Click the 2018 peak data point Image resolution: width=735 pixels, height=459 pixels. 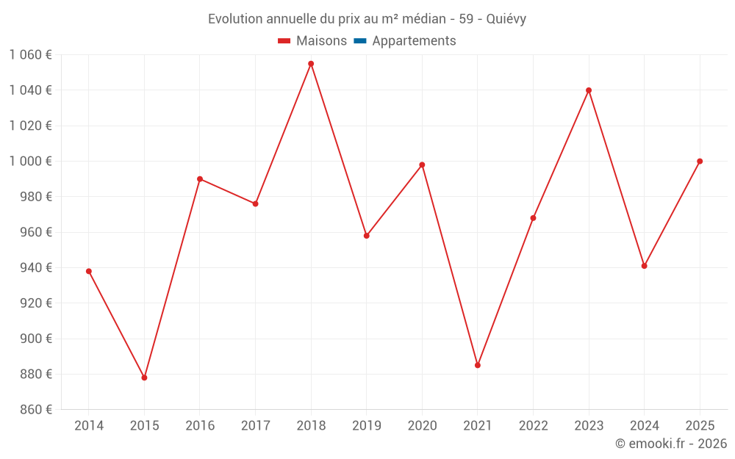[311, 64]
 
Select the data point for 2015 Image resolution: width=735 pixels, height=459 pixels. [144, 377]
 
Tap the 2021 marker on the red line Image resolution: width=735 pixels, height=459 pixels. [478, 365]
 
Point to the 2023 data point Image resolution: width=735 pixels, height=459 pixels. [589, 90]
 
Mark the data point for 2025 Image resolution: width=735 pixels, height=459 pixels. [700, 162]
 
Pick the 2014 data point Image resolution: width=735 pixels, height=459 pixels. [89, 271]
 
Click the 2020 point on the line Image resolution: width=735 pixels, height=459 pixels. [422, 165]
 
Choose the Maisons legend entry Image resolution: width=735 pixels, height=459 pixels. [312, 41]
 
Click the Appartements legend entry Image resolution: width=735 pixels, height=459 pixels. [414, 41]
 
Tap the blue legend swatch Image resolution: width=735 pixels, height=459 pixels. [359, 41]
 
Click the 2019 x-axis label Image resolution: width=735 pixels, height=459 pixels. [366, 426]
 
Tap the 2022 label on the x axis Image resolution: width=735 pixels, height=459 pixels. [533, 426]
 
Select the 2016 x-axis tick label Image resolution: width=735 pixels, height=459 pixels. [200, 426]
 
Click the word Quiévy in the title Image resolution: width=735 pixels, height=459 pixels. [506, 19]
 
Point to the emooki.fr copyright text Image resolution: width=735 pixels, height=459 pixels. [671, 444]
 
